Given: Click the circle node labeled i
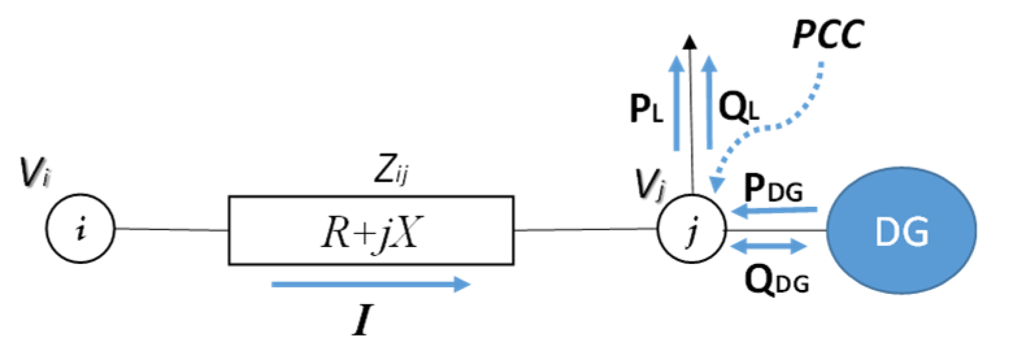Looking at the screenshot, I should (80, 228).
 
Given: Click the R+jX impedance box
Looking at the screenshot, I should (371, 230).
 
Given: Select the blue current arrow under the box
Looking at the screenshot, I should (371, 284).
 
